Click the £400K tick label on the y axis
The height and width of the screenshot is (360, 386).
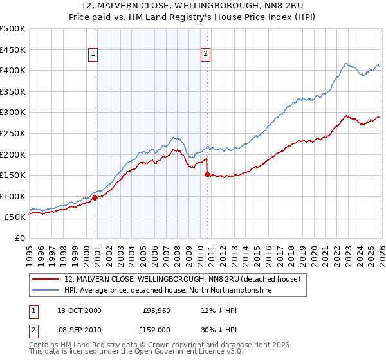pyautogui.click(x=13, y=71)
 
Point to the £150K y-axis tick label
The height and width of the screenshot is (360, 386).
pyautogui.click(x=13, y=175)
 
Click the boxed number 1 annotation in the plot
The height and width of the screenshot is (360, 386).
pyautogui.click(x=94, y=55)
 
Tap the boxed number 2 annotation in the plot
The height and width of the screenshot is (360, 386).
pyautogui.click(x=206, y=55)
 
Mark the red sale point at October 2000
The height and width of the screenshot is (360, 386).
pyautogui.click(x=95, y=198)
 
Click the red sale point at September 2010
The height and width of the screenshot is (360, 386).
pyautogui.click(x=207, y=174)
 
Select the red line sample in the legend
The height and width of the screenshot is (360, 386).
pyautogui.click(x=46, y=280)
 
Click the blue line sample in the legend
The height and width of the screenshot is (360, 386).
pyautogui.click(x=46, y=291)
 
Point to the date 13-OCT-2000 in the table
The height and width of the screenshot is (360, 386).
pyautogui.click(x=79, y=310)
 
